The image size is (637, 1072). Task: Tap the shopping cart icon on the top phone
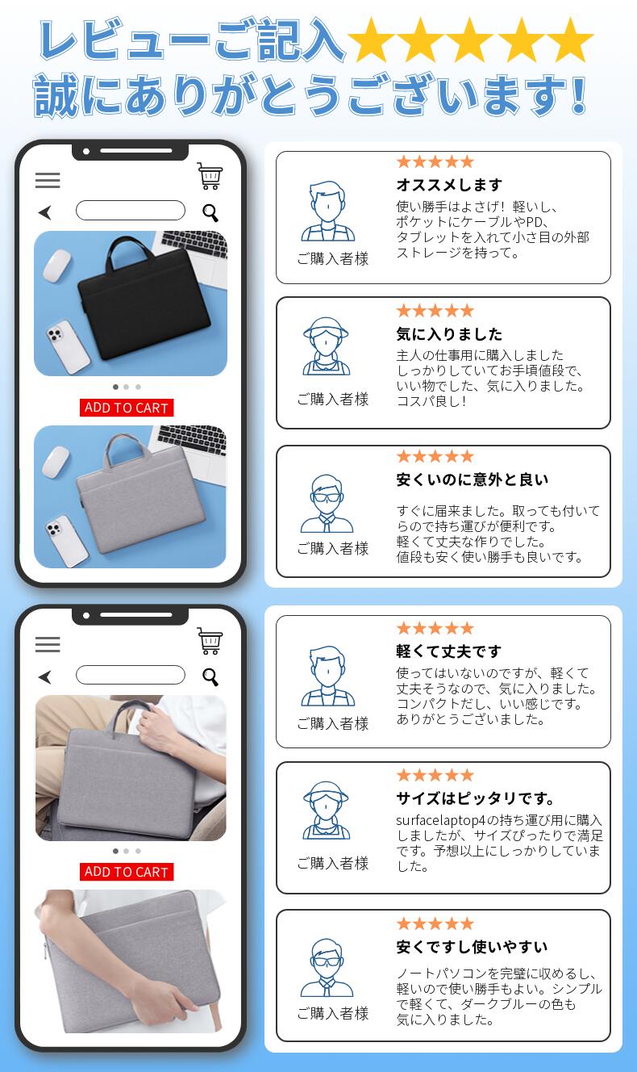[210, 176]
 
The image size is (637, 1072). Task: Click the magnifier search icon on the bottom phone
[210, 676]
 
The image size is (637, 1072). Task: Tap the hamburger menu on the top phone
[48, 181]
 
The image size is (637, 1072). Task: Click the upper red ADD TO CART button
[127, 408]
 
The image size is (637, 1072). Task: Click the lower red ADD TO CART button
[127, 872]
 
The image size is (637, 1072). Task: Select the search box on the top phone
[131, 210]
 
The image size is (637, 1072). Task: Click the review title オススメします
[449, 185]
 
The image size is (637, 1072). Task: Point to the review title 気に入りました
[449, 334]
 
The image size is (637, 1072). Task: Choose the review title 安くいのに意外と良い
[473, 479]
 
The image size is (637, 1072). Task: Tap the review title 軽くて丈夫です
[448, 651]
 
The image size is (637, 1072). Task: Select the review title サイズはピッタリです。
[475, 798]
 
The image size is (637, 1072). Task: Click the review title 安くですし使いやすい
[472, 947]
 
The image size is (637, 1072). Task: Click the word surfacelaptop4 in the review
[440, 821]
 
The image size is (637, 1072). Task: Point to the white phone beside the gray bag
[66, 540]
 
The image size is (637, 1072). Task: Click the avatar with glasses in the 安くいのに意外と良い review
[327, 504]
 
